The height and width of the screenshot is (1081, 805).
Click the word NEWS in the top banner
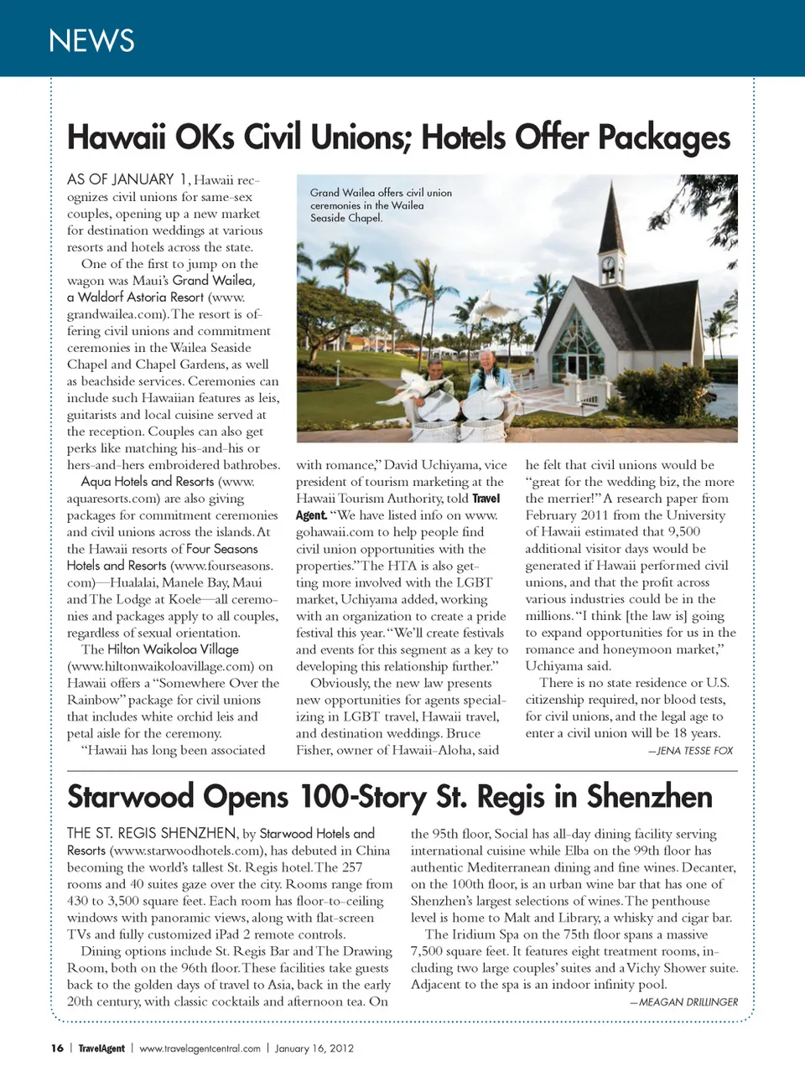coord(91,40)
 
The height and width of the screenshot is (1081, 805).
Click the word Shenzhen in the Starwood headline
coord(649,796)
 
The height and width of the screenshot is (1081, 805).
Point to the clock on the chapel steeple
coord(609,266)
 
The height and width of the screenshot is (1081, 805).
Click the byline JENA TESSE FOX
coord(690,751)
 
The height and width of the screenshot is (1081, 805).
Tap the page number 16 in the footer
coord(57,1048)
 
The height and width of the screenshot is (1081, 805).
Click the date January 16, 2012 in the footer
coord(314,1048)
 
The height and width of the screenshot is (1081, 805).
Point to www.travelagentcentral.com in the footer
coord(200,1048)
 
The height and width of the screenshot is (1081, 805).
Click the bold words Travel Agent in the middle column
coord(398,507)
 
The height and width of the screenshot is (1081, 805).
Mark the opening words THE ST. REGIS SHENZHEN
coord(151,834)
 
